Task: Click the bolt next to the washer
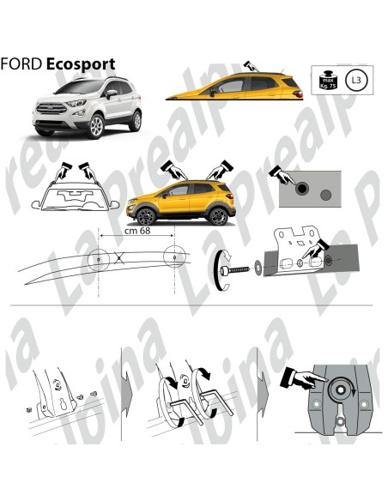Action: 237,269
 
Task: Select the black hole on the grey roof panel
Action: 301,185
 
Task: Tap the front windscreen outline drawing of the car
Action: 70,199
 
